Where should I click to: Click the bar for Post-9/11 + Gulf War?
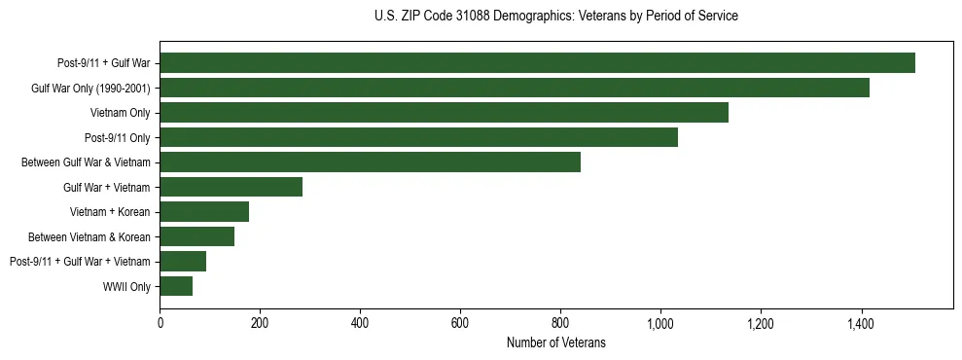[537, 63]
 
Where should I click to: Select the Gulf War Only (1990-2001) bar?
[515, 89]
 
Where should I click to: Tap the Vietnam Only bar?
[444, 113]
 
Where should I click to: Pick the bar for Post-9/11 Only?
[418, 137]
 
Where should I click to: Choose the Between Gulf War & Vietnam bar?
[370, 162]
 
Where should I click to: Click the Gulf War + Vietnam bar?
[231, 187]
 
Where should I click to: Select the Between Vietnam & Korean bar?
[196, 236]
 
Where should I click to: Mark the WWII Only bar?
[176, 286]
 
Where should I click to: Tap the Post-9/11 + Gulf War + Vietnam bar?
[183, 262]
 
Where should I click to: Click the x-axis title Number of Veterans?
[555, 342]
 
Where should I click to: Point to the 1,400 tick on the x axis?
[860, 322]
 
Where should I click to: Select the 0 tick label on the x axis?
[160, 322]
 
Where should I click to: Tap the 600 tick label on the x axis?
[460, 322]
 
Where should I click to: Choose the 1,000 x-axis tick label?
[659, 322]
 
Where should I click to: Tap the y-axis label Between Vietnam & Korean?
[89, 236]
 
